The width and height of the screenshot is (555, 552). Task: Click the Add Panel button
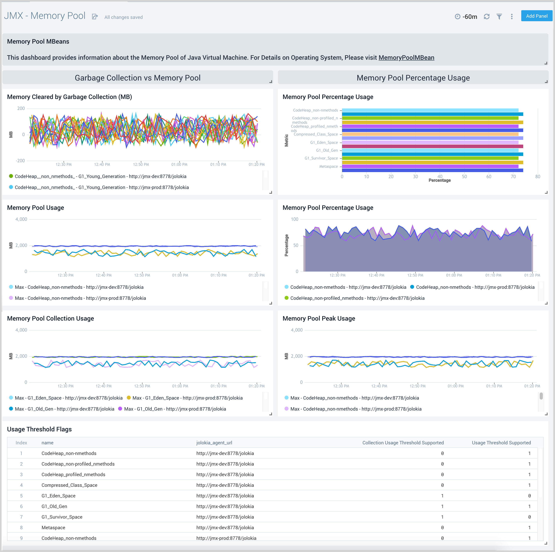536,16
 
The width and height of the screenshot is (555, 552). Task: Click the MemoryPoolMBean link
406,58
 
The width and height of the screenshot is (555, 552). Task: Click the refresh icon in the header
487,17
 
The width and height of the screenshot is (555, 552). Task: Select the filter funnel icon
499,17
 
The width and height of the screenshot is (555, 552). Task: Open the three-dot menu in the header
512,17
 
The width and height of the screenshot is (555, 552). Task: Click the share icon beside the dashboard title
95,17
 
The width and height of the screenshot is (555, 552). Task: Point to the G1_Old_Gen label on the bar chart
327,150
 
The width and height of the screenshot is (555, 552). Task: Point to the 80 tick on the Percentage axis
538,177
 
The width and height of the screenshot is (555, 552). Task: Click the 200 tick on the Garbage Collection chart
21,108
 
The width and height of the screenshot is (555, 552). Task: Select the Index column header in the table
21,443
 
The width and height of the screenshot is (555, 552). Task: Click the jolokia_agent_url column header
214,443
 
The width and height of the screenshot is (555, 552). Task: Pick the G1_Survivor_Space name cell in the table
62,517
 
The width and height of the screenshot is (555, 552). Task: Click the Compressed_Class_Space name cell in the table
69,485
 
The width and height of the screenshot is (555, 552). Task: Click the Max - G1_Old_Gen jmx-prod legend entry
175,409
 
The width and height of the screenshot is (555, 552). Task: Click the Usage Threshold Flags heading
39,429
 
